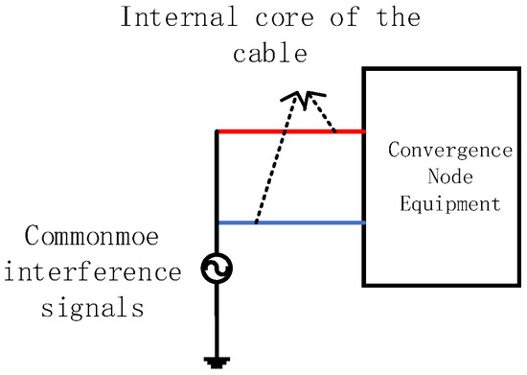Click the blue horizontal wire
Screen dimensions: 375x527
pyautogui.click(x=307, y=223)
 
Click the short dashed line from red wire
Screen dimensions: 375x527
pyautogui.click(x=324, y=113)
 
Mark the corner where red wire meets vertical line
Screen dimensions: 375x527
pyautogui.click(x=218, y=130)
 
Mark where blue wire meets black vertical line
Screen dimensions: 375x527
pyautogui.click(x=218, y=223)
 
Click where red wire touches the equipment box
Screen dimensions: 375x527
pyautogui.click(x=362, y=130)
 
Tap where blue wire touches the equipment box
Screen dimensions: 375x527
pyautogui.click(x=362, y=223)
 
